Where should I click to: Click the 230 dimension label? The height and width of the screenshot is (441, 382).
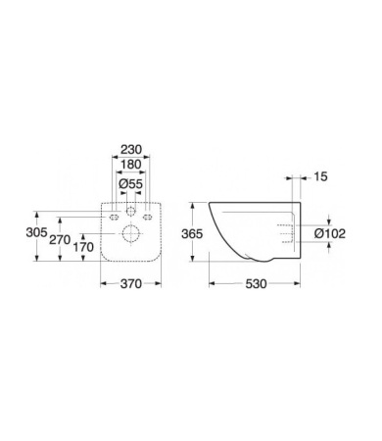[131, 150]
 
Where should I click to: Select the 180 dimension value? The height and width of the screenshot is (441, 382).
[131, 165]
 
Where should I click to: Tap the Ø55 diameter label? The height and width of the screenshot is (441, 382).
[131, 184]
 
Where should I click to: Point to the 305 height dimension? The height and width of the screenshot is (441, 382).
[36, 233]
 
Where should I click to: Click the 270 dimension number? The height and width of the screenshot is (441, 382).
[60, 240]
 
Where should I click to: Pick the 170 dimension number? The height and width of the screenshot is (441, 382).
[83, 247]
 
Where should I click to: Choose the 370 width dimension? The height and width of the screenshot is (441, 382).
[131, 284]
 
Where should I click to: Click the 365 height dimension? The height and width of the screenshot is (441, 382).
[192, 234]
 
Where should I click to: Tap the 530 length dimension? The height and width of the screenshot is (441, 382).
[256, 284]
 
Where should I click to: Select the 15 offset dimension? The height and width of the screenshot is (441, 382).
[320, 176]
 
